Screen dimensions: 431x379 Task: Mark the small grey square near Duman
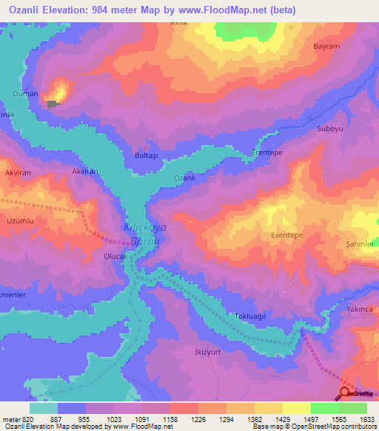point(51,104)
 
